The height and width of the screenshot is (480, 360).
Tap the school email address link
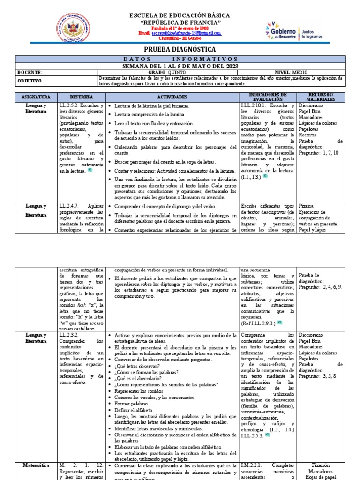pos(186,33)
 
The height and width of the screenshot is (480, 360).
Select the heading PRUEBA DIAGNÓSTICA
pos(180,49)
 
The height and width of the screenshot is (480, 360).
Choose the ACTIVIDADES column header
pos(172,97)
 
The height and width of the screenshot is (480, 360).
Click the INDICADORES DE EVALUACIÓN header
pos(267,97)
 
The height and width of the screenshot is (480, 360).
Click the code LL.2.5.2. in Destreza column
pos(70,106)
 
